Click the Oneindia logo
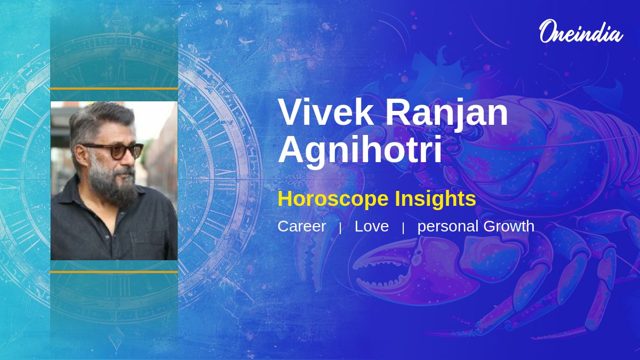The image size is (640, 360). [581, 31]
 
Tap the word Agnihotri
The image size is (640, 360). [360, 150]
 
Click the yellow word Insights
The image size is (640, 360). [435, 199]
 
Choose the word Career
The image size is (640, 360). [301, 226]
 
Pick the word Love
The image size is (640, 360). [371, 226]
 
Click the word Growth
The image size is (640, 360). [509, 226]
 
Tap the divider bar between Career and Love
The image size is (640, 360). [340, 228]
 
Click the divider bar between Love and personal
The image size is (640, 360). [403, 228]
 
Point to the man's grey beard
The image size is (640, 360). [114, 183]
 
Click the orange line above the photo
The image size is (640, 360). [114, 89]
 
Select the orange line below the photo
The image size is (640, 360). [114, 272]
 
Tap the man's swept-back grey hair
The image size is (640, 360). [101, 120]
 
